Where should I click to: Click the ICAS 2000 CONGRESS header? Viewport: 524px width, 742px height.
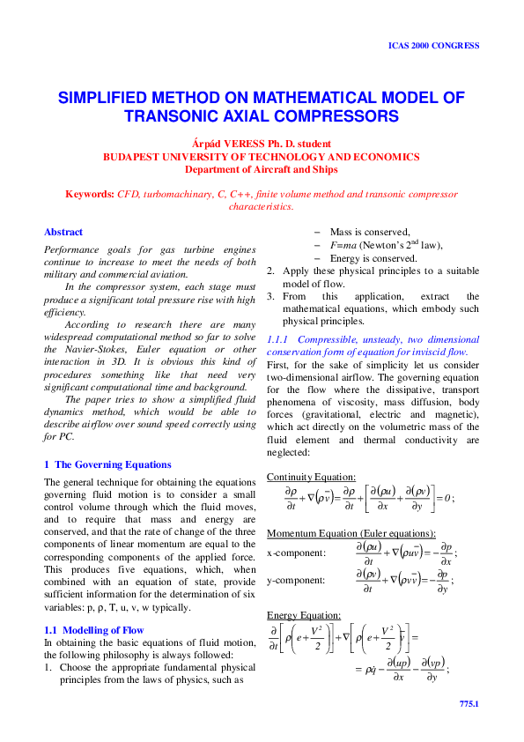click(434, 45)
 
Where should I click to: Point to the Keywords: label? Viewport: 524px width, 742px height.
click(91, 193)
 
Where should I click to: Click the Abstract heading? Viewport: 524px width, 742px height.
click(63, 233)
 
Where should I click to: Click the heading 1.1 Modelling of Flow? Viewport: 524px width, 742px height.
click(93, 630)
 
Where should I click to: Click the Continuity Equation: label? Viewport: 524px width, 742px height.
click(311, 477)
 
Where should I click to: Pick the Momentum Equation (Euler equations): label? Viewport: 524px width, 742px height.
click(351, 534)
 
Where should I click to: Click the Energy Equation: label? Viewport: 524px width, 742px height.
click(303, 614)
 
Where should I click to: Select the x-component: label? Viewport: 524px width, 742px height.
click(295, 553)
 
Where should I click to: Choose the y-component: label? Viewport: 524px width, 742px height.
click(295, 580)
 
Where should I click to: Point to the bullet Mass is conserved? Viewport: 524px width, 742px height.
click(370, 232)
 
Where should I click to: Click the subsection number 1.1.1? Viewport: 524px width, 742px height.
click(278, 339)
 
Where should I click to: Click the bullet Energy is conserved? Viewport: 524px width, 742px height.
click(373, 259)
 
